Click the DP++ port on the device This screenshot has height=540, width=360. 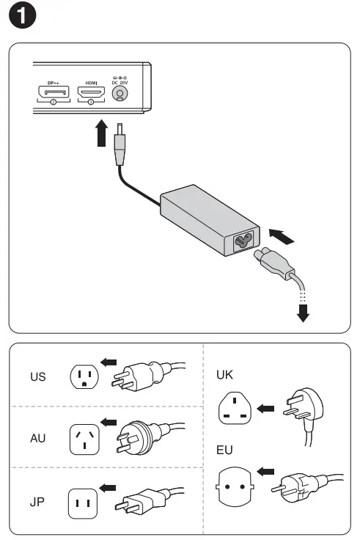click(54, 93)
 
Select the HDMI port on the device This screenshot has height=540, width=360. click(91, 93)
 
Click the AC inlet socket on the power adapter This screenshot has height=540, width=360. click(240, 241)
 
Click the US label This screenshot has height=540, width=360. click(38, 377)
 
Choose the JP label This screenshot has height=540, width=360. click(37, 503)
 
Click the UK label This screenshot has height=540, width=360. click(224, 375)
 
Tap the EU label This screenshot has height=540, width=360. click(224, 448)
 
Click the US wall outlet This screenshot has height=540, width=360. click(83, 377)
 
